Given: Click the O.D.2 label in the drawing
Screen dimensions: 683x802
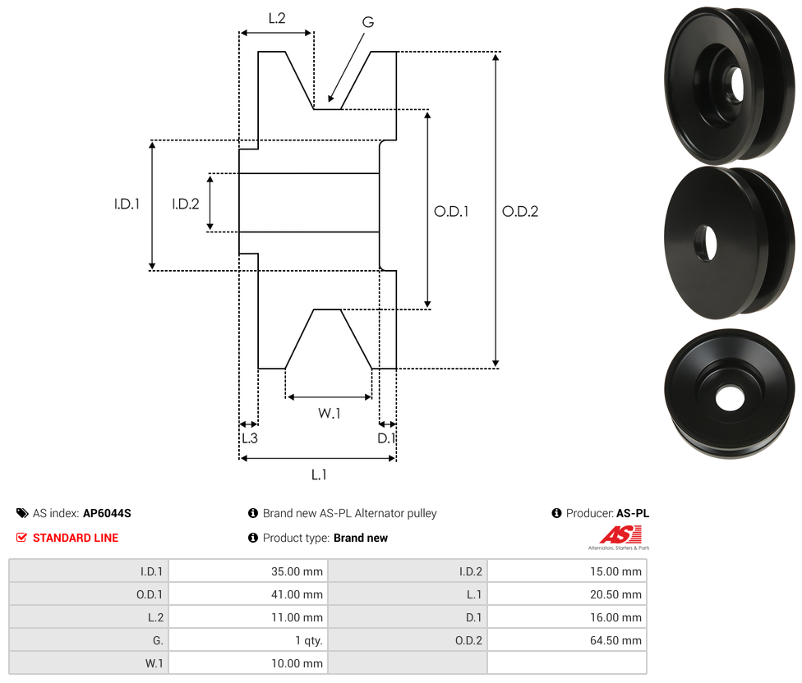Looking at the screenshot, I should pyautogui.click(x=520, y=211).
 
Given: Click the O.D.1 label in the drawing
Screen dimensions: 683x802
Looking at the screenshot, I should pyautogui.click(x=451, y=211).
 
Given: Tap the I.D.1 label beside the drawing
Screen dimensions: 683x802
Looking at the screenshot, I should pyautogui.click(x=127, y=204).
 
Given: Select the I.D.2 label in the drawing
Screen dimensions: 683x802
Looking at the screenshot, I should pyautogui.click(x=186, y=204).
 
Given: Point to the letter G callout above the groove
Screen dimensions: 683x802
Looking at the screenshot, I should pyautogui.click(x=367, y=22).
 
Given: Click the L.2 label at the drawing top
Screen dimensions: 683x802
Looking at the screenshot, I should pyautogui.click(x=276, y=17).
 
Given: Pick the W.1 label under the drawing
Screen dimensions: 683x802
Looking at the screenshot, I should pyautogui.click(x=330, y=413).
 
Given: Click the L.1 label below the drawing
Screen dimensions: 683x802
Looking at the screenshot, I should pyautogui.click(x=319, y=474).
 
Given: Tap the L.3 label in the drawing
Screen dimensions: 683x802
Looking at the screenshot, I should pyautogui.click(x=249, y=438).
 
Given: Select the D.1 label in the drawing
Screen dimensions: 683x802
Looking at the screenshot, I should pyautogui.click(x=386, y=438).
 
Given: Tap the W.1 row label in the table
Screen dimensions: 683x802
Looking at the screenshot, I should pyautogui.click(x=153, y=663).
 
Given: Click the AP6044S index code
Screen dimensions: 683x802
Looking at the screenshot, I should pyautogui.click(x=107, y=513).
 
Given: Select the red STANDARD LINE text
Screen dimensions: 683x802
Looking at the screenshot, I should pyautogui.click(x=76, y=538).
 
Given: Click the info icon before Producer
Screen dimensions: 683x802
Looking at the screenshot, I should pyautogui.click(x=557, y=513).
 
